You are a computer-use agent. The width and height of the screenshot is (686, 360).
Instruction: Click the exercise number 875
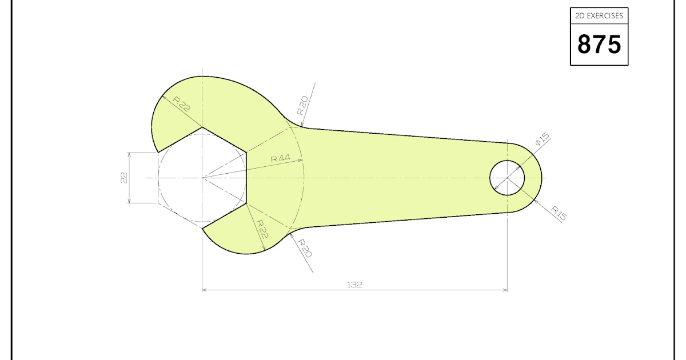tap(599, 44)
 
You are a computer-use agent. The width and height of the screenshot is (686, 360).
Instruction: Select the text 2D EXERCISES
tap(599, 16)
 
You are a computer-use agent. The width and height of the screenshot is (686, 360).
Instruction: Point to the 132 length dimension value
tap(354, 284)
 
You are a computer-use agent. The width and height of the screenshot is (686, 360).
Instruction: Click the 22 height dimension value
tap(123, 178)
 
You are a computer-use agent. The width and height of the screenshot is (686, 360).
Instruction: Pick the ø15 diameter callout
tap(541, 139)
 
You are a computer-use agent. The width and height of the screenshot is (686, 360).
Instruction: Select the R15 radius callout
tap(559, 213)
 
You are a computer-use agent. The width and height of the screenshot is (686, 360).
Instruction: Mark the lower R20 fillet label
tap(304, 249)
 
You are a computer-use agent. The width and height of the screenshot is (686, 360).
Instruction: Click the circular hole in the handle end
tap(507, 178)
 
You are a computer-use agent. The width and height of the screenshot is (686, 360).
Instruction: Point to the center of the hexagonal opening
tap(202, 178)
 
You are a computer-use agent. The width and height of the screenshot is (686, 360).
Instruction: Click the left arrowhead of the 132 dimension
tap(205, 290)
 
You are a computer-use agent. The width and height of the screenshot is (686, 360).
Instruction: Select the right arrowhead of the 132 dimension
tap(505, 290)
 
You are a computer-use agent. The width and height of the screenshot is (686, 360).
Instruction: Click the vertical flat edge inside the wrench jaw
tap(246, 178)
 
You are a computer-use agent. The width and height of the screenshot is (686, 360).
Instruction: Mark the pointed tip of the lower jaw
tap(204, 228)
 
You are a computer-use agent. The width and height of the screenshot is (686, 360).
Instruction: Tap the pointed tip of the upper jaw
tap(157, 151)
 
